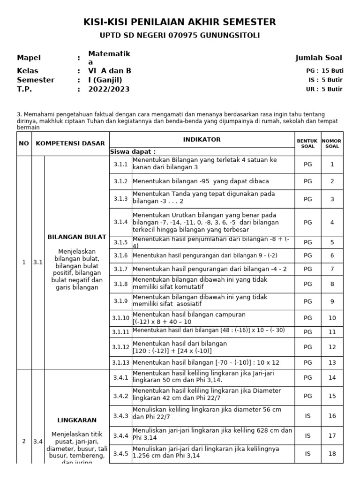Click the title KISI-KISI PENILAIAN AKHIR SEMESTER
tap(180, 22)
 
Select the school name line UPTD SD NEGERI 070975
tap(180, 36)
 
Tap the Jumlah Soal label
tap(318, 58)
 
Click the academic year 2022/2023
tap(109, 89)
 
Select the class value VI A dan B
tap(110, 71)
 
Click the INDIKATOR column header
tap(202, 140)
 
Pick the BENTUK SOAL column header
tap(307, 143)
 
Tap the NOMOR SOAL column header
tap(332, 143)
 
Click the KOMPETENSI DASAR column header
tap(70, 143)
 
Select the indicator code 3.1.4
tap(120, 222)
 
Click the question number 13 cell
tap(332, 362)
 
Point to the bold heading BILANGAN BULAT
tap(77, 237)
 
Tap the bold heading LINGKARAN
tap(77, 420)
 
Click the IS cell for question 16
tap(307, 416)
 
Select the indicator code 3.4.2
tap(120, 396)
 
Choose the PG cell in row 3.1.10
tap(307, 318)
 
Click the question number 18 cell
tap(332, 453)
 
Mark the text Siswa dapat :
tap(133, 151)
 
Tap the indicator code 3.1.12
tap(120, 347)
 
